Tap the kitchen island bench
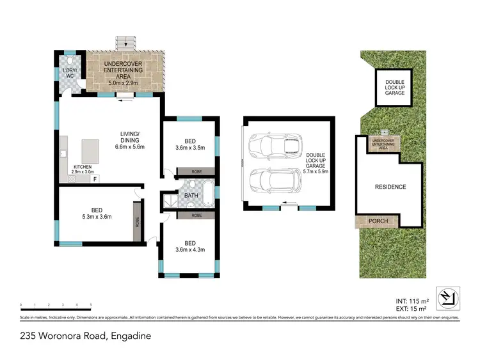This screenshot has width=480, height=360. click(x=91, y=153)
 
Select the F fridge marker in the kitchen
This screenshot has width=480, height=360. click(x=95, y=179)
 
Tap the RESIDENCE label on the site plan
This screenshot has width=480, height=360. click(x=390, y=187)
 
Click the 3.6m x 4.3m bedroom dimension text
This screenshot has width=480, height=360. click(x=190, y=250)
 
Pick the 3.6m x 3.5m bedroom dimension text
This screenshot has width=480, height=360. click(x=189, y=147)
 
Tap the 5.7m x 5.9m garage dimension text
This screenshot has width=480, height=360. click(x=315, y=171)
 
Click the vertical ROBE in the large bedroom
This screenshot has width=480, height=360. click(x=137, y=221)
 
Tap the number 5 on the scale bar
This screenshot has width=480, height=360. click(x=91, y=304)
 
